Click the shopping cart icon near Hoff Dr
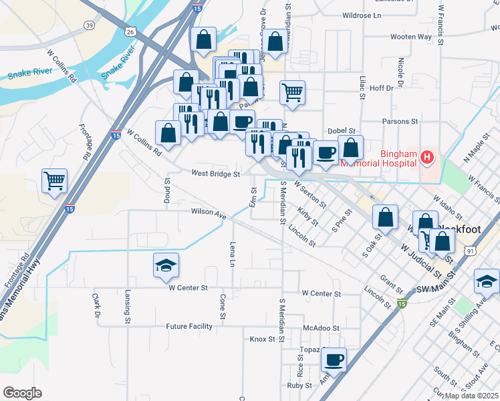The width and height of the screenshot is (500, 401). click(x=292, y=92)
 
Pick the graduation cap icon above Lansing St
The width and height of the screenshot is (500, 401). click(x=166, y=265)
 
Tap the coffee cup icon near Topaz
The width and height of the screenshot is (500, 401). click(x=333, y=360)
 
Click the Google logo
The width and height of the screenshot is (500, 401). click(x=22, y=393)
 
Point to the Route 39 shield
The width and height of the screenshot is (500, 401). click(x=89, y=25)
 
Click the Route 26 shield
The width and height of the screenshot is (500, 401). click(x=130, y=31)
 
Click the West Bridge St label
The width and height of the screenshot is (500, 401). click(x=215, y=174)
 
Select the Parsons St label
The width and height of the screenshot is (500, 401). click(x=400, y=122)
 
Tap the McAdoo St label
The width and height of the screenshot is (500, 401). click(x=322, y=328)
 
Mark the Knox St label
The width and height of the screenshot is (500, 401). click(x=263, y=339)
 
